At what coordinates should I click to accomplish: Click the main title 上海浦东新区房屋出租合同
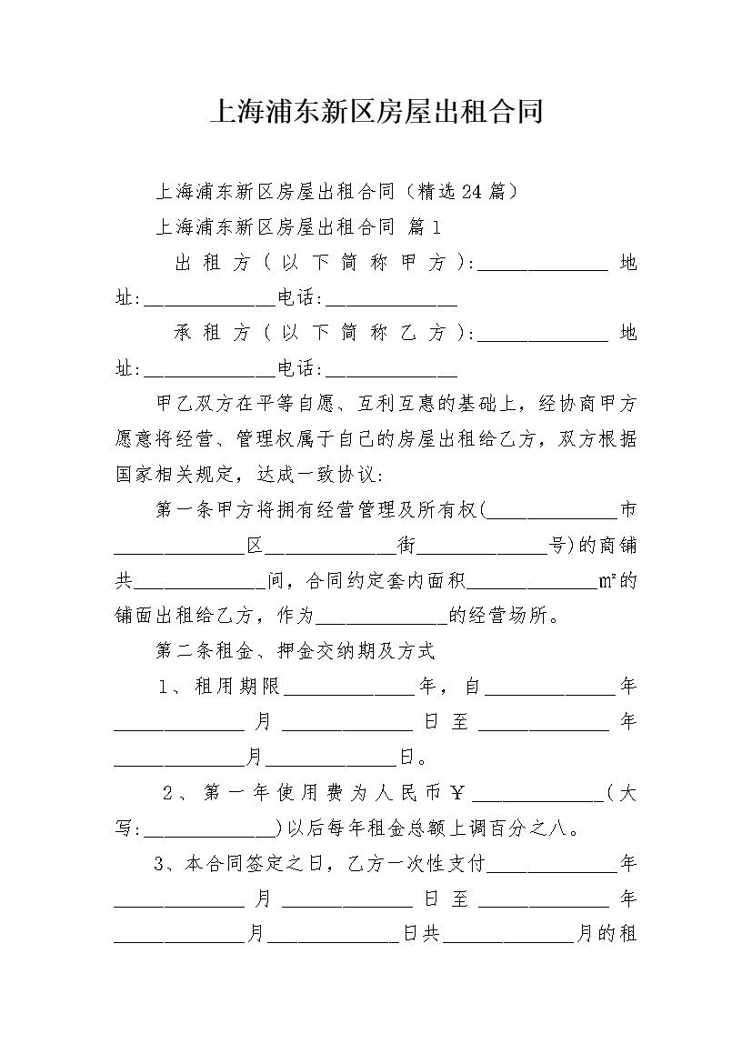(x=376, y=111)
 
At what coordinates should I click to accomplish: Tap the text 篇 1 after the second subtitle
(x=424, y=227)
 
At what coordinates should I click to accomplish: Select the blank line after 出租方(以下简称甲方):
(x=543, y=269)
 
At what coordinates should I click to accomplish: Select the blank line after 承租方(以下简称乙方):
(x=543, y=340)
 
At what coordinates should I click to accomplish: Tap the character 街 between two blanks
(x=406, y=545)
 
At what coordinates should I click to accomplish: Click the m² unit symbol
(x=607, y=581)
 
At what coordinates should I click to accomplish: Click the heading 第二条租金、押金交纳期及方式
(x=296, y=651)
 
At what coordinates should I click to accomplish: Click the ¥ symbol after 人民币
(x=457, y=793)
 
